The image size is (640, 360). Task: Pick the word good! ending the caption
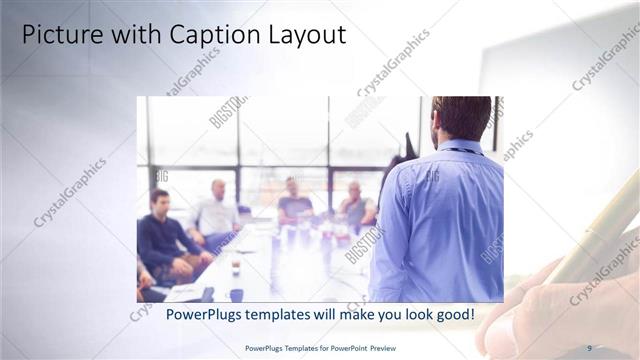[453, 314]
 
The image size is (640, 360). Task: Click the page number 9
[589, 347]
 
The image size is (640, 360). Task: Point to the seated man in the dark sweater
[160, 235]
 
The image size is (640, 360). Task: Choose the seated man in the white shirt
[216, 212]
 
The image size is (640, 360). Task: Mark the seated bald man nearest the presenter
[355, 205]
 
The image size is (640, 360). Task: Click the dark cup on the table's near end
[236, 294]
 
